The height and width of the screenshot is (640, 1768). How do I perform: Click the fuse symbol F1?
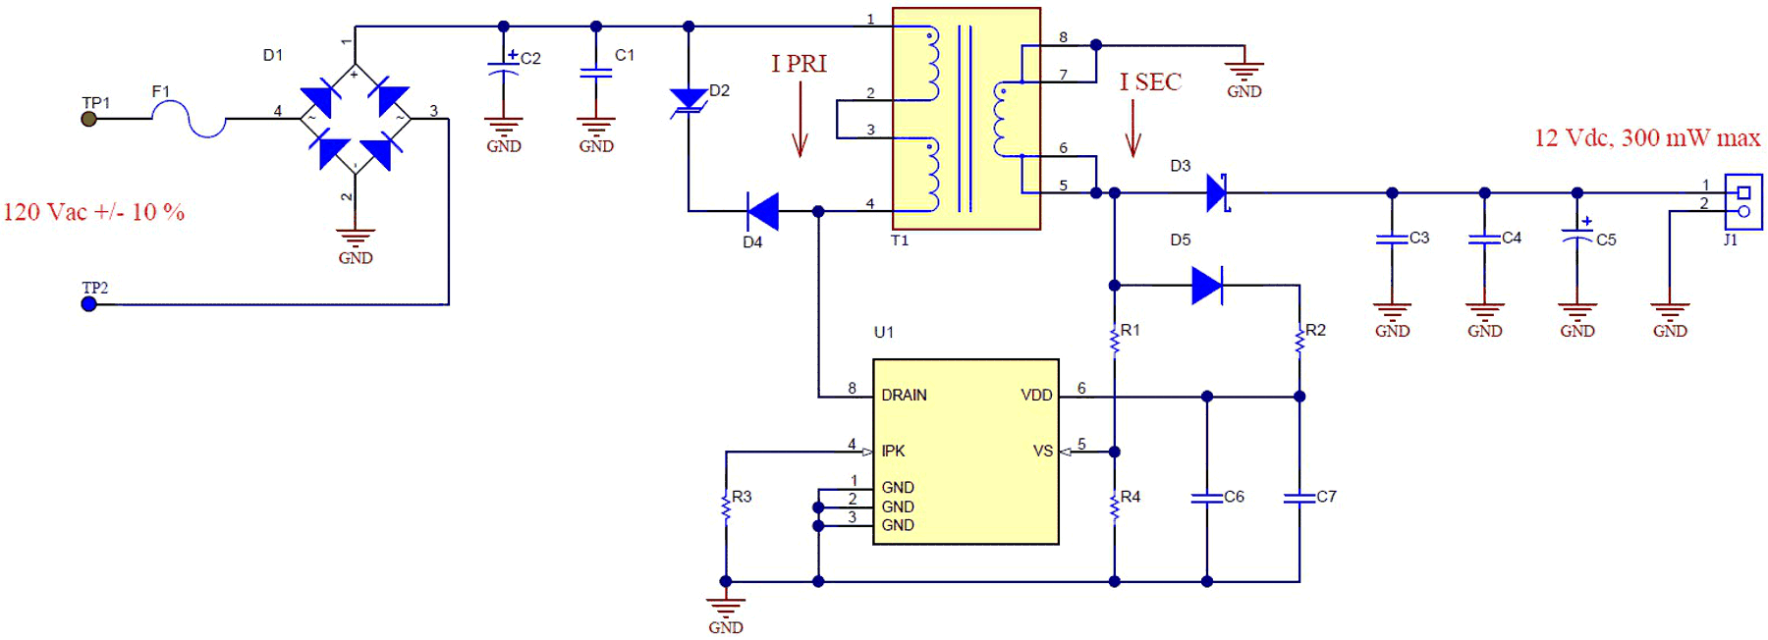[x=189, y=119]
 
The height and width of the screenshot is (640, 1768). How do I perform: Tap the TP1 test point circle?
[x=89, y=119]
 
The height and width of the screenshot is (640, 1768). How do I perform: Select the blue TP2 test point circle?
[x=89, y=304]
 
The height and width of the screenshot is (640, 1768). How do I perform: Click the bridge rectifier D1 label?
[x=273, y=55]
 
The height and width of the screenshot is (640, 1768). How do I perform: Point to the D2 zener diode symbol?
[x=689, y=100]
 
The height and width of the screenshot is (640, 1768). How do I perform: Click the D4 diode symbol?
[x=762, y=211]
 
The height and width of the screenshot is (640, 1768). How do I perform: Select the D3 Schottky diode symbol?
[x=1218, y=192]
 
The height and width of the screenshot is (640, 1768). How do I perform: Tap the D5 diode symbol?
[x=1206, y=286]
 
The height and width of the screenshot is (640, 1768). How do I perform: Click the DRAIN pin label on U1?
[x=904, y=396]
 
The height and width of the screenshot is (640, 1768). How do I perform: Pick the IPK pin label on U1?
[x=893, y=452]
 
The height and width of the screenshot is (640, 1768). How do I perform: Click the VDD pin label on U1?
[x=1036, y=396]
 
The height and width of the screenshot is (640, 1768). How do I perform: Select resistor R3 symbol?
[x=726, y=507]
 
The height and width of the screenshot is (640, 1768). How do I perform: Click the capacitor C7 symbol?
[x=1299, y=498]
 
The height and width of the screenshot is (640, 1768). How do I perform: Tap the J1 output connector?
[x=1743, y=202]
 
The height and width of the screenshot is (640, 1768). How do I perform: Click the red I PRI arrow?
[x=801, y=119]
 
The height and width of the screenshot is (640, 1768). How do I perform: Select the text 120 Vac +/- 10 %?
[x=94, y=212]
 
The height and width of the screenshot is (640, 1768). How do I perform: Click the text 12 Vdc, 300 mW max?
[x=1647, y=137]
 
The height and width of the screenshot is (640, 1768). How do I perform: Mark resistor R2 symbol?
[x=1299, y=341]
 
